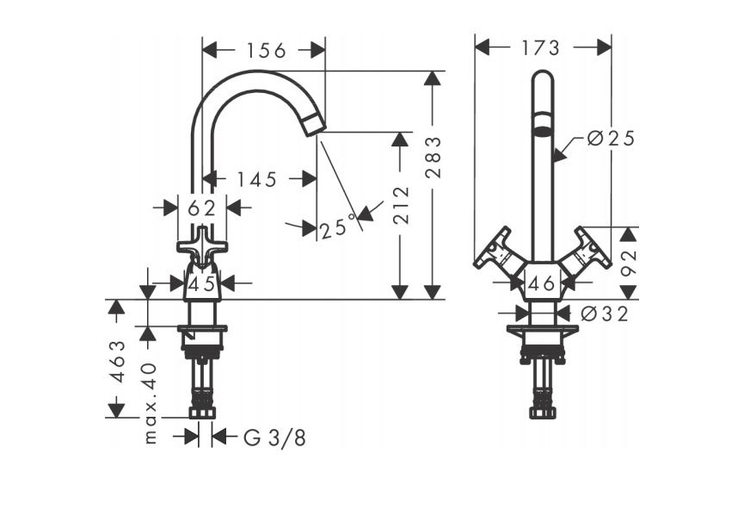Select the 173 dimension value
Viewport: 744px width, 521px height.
tap(541, 47)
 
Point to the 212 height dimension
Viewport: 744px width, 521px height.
tap(400, 205)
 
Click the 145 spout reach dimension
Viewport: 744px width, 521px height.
tap(257, 179)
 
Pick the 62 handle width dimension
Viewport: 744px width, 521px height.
tap(201, 208)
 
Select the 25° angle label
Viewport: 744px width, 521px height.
tap(336, 228)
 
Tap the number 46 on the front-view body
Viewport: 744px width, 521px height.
tap(541, 282)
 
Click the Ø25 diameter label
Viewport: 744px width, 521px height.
tap(610, 139)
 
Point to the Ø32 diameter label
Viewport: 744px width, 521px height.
tap(604, 314)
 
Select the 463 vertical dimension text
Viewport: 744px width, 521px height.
tap(118, 361)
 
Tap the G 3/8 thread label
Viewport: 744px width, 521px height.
tap(274, 437)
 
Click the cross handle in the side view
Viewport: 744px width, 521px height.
tap(202, 245)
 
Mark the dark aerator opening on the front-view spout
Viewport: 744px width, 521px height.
tap(542, 132)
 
